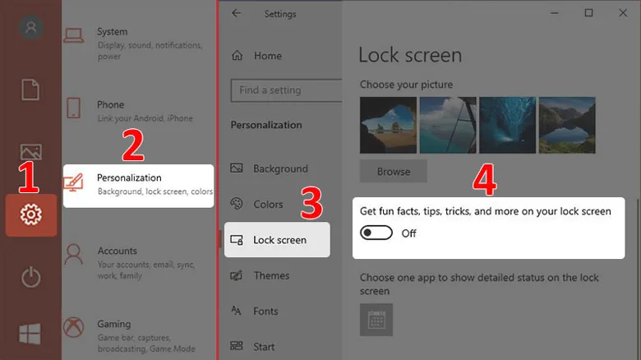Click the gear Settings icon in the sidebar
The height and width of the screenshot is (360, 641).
(x=31, y=215)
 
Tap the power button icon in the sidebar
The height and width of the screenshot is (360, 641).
(x=31, y=277)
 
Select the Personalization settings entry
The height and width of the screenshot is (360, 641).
(x=138, y=185)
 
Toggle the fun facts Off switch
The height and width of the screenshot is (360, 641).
(x=377, y=233)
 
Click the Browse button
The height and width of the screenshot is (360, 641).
(x=393, y=172)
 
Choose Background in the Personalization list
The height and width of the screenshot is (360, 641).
(x=279, y=168)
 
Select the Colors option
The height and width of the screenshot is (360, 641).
(x=268, y=205)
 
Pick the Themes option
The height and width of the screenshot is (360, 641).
(x=271, y=276)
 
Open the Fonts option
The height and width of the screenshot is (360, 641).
(x=265, y=312)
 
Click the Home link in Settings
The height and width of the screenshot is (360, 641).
(x=267, y=56)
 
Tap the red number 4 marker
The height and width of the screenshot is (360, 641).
(x=487, y=181)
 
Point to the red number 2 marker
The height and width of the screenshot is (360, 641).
(x=133, y=145)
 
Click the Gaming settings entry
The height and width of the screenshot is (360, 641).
(x=113, y=324)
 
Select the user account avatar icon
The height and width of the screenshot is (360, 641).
(x=31, y=27)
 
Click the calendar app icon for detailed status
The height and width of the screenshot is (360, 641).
(x=376, y=319)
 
